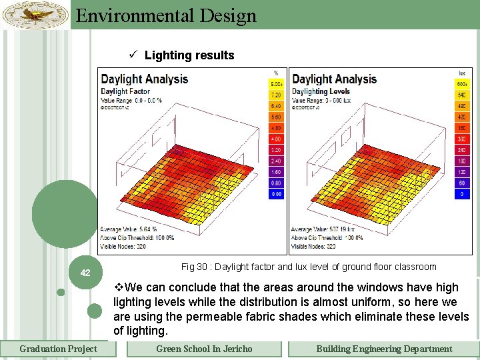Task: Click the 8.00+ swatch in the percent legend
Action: pyautogui.click(x=276, y=84)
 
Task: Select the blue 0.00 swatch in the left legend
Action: pyautogui.click(x=276, y=194)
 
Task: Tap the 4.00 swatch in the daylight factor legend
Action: pyautogui.click(x=276, y=139)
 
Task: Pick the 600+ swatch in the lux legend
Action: pyautogui.click(x=461, y=84)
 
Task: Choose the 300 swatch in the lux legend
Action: pyautogui.click(x=461, y=139)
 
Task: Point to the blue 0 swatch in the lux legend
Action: pyautogui.click(x=461, y=194)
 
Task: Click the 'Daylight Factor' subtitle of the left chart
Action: pyautogui.click(x=125, y=91)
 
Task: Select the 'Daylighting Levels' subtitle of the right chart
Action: pyautogui.click(x=321, y=91)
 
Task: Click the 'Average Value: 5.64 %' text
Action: pyautogui.click(x=129, y=229)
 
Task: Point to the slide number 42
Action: pyautogui.click(x=85, y=273)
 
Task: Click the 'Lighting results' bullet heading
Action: pyautogui.click(x=189, y=55)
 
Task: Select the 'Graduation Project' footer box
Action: pyautogui.click(x=58, y=349)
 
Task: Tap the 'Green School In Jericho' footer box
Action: pyautogui.click(x=204, y=349)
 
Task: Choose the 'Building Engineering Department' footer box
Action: pyautogui.click(x=384, y=349)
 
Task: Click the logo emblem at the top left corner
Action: pyautogui.click(x=35, y=14)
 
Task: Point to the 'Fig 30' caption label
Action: pyautogui.click(x=193, y=267)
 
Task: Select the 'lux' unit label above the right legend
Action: pyautogui.click(x=461, y=73)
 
